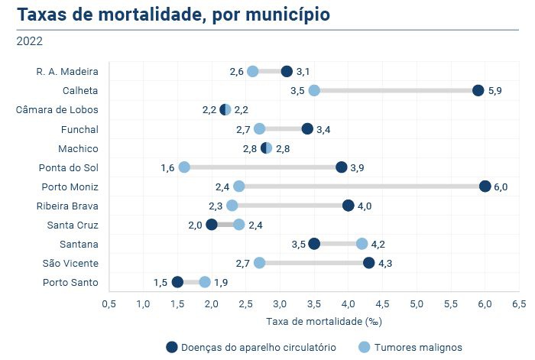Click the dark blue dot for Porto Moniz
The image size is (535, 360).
485,186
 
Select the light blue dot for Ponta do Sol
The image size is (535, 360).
184,167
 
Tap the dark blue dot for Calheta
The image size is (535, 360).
478,90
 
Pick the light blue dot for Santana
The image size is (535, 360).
362,244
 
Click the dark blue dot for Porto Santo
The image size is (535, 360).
177,282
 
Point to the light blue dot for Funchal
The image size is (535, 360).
259,128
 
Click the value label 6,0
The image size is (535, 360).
501,186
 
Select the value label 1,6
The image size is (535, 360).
168,167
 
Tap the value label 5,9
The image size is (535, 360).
494,90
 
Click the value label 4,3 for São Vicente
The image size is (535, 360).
385,263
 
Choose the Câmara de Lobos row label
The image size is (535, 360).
57,109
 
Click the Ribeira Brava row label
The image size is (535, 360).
67,206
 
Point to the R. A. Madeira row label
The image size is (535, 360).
67,71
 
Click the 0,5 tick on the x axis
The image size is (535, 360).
109,304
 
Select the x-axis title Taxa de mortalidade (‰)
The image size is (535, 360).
313,321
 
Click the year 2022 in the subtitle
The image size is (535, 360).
29,41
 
